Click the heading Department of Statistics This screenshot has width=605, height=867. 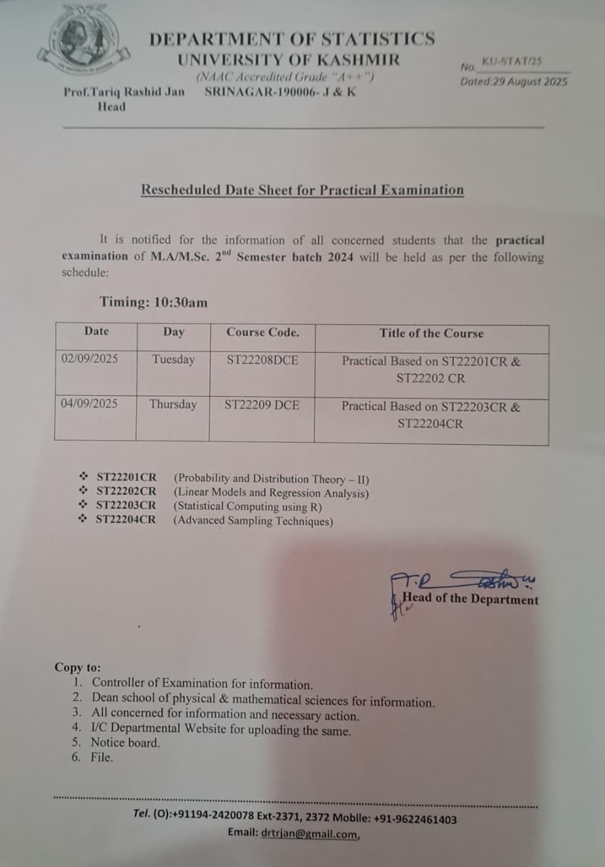click(x=292, y=39)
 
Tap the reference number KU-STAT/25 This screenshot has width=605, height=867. click(x=512, y=62)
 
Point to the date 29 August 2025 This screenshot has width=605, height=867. click(x=528, y=82)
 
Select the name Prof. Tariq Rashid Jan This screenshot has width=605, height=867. click(x=123, y=92)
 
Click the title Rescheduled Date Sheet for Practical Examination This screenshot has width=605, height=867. click(x=302, y=190)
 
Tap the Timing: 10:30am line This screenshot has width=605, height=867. click(x=154, y=302)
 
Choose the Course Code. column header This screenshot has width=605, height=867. click(x=262, y=333)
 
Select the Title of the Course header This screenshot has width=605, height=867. click(x=432, y=333)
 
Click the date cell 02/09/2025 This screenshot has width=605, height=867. click(x=89, y=359)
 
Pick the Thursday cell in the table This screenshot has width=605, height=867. click(x=173, y=404)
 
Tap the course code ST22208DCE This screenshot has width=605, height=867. click(x=262, y=360)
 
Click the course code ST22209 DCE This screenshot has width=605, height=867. click(x=262, y=405)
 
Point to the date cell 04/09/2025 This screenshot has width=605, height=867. click(x=89, y=404)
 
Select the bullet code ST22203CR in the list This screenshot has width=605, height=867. click(x=126, y=505)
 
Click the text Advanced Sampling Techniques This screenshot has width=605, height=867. click(x=253, y=521)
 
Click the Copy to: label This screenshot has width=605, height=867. click(x=77, y=667)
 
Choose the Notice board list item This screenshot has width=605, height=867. click(x=126, y=742)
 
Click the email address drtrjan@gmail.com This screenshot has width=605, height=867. click(x=310, y=834)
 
